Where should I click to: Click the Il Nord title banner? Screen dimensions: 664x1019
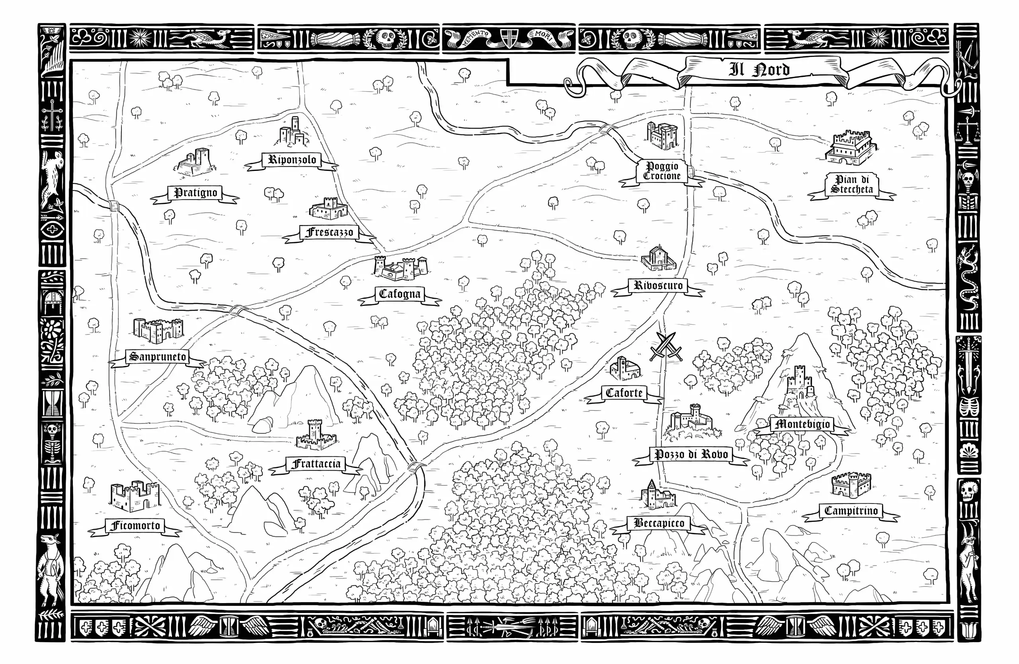[x=759, y=69]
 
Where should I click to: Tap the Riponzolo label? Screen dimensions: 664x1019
[x=292, y=160]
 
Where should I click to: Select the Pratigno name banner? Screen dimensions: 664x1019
[x=195, y=193]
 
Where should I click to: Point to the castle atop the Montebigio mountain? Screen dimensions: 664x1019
[x=798, y=382]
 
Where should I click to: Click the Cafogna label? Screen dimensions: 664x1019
[x=400, y=294]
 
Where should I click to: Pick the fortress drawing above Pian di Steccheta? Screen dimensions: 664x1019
[x=851, y=148]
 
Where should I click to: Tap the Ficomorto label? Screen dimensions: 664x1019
[x=135, y=526]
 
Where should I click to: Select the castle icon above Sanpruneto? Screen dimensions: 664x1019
[x=158, y=331]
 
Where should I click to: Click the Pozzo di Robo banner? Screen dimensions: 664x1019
[x=691, y=454]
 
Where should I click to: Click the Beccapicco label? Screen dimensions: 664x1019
[x=658, y=523]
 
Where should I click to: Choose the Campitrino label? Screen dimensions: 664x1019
[x=851, y=511]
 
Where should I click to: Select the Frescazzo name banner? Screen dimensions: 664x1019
[x=329, y=233]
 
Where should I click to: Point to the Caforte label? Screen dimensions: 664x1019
[x=624, y=393]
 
